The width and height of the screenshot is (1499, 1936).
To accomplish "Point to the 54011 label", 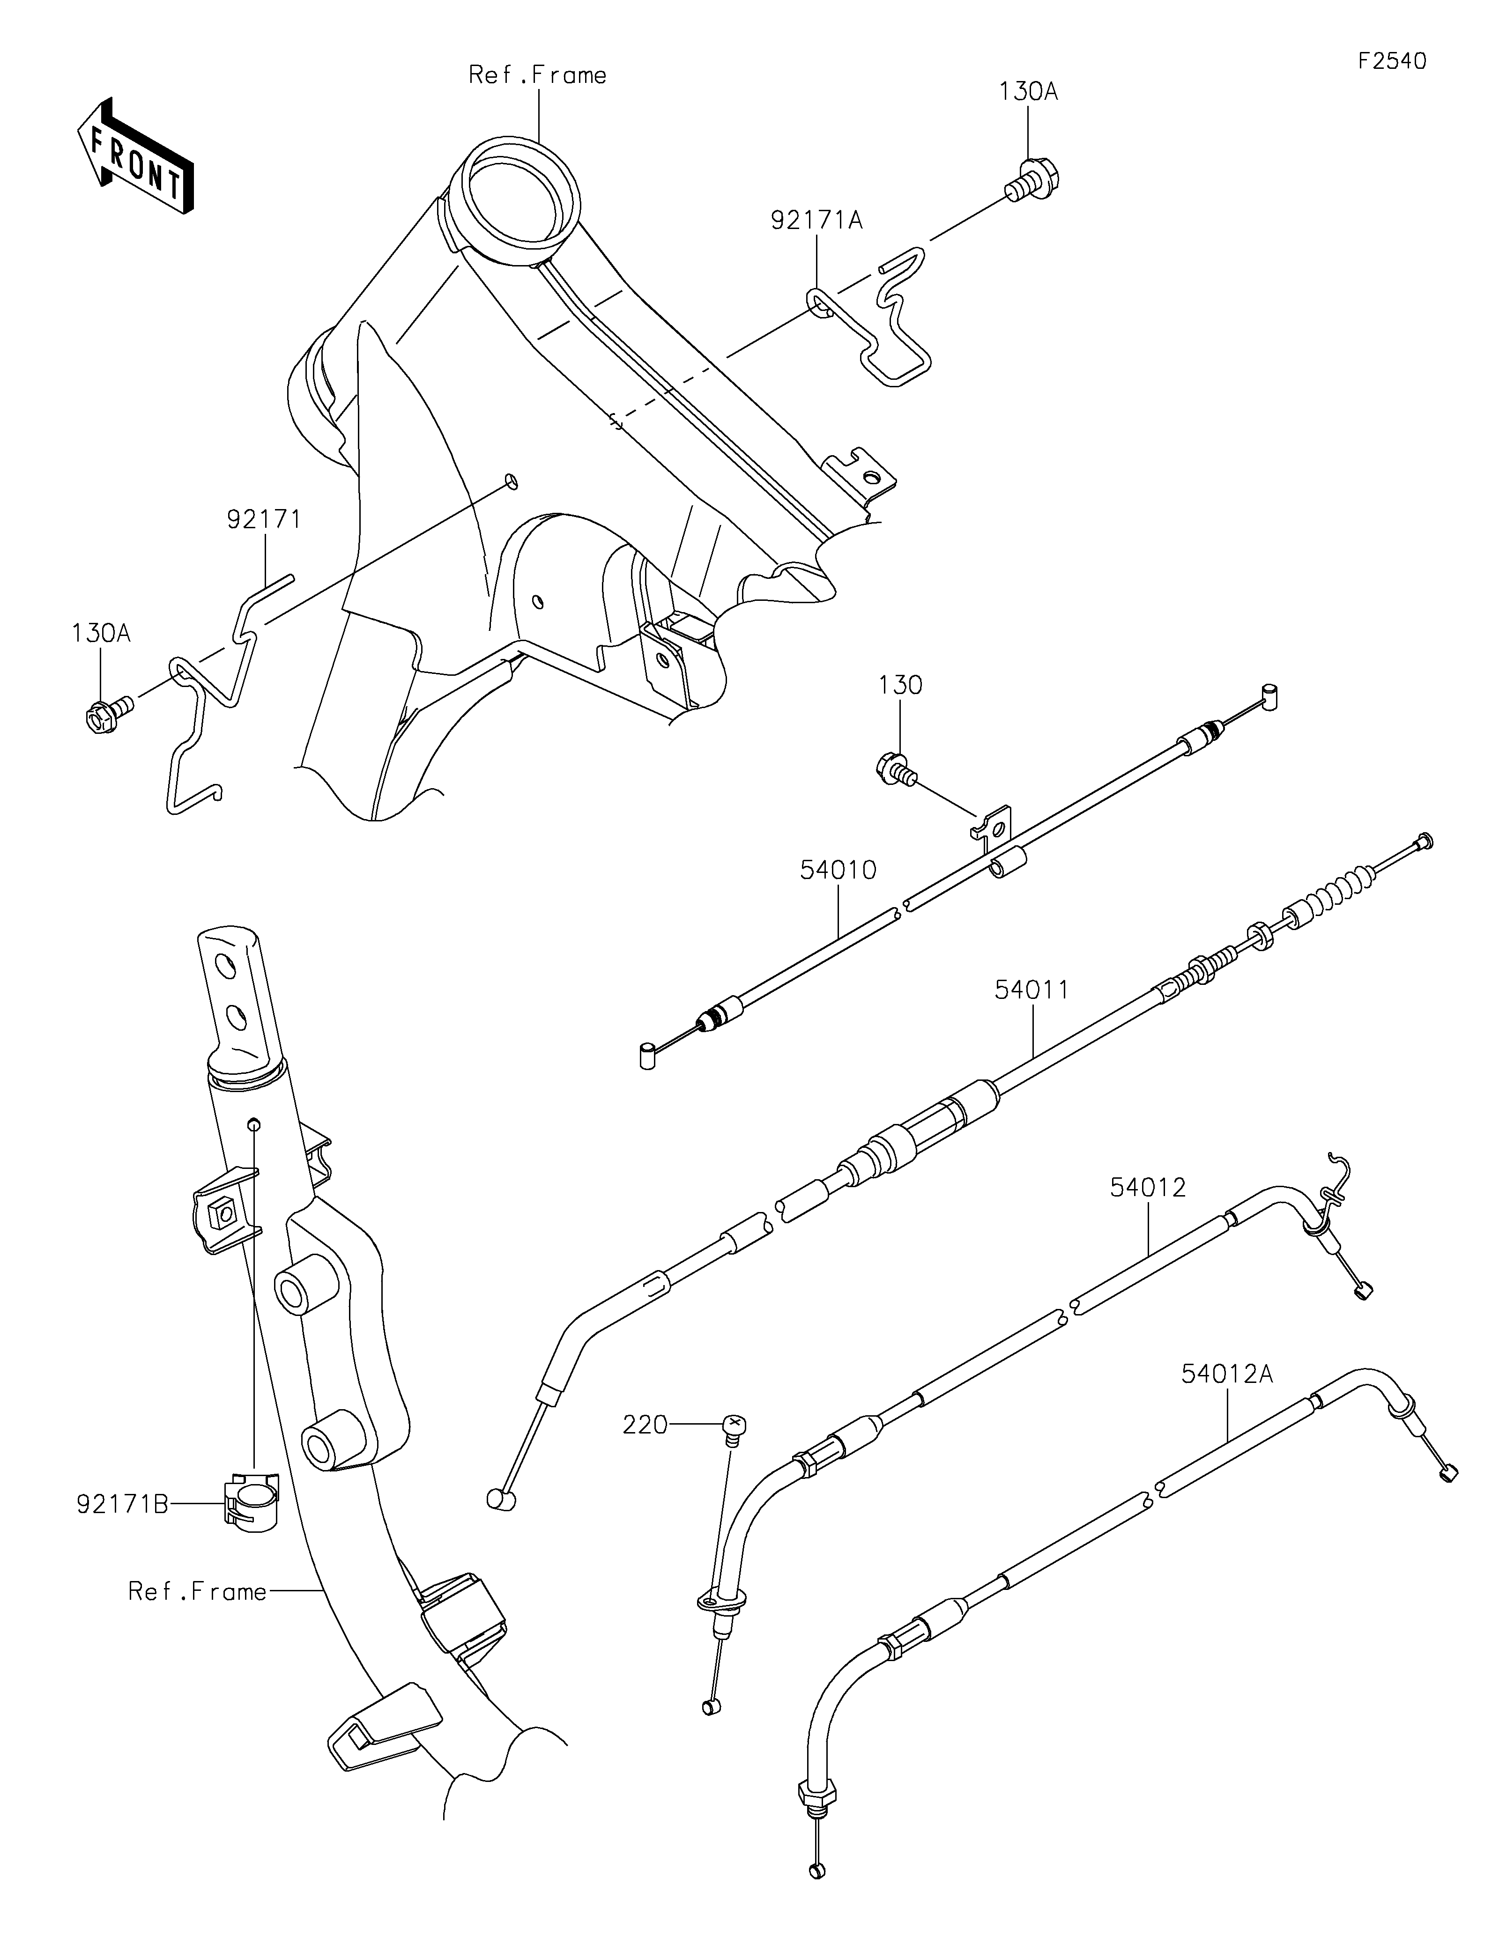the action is (x=1032, y=989).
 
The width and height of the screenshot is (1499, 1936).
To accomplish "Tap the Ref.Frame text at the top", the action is (x=537, y=75).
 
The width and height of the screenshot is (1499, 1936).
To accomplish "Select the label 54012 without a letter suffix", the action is (x=1148, y=1188).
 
